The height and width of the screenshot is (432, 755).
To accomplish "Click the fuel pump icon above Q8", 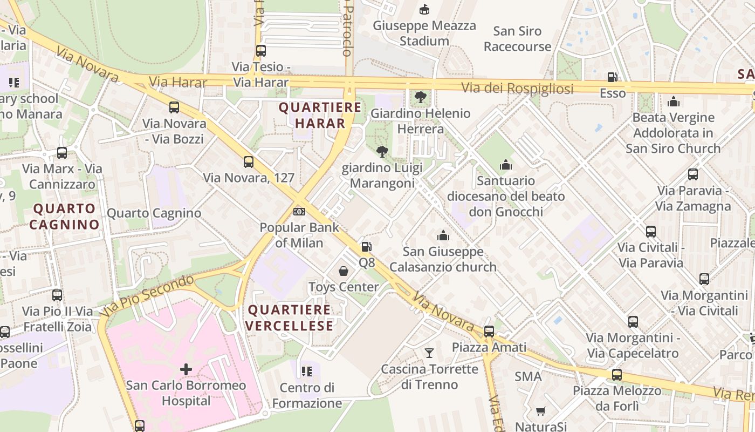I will [x=366, y=247].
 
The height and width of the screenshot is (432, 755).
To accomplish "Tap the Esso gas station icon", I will [x=612, y=78].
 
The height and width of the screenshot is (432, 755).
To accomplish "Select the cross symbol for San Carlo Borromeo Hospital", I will [x=186, y=369].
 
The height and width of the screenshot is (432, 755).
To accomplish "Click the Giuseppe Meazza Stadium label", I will [x=424, y=33].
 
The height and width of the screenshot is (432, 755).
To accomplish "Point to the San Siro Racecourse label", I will [x=517, y=39].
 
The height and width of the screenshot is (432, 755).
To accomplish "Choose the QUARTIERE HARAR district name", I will [x=320, y=115].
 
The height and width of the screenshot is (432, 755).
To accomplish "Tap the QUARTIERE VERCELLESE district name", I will [x=290, y=318].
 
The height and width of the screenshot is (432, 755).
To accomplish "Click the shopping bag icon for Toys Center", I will [x=344, y=271].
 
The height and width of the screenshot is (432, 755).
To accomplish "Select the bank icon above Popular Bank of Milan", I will [x=299, y=211].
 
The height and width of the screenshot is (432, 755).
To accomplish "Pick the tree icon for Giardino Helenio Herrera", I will [x=420, y=98].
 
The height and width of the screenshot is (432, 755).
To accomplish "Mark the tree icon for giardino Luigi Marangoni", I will [x=382, y=152].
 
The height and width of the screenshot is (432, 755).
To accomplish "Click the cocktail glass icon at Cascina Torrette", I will [x=429, y=353].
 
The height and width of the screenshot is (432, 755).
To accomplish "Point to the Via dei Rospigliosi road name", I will [x=517, y=88].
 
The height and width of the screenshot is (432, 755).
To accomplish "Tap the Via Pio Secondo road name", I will [x=147, y=295].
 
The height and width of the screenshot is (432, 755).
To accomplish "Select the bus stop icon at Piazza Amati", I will [x=489, y=332].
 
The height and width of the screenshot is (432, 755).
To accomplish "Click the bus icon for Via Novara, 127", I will [x=249, y=162].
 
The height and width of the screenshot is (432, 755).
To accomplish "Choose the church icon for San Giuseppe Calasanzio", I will [x=443, y=235].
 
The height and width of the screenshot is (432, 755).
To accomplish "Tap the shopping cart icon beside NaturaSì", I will [x=541, y=411].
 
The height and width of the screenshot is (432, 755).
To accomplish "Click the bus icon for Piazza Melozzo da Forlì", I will [x=617, y=375].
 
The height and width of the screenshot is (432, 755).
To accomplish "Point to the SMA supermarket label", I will [x=528, y=376].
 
